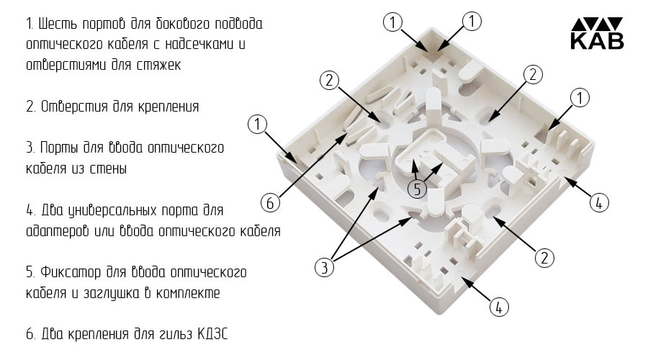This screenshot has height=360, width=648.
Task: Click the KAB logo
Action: [x=597, y=33]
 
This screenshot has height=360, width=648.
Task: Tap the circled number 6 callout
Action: [x=270, y=202]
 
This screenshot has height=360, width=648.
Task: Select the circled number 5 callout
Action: [x=417, y=189]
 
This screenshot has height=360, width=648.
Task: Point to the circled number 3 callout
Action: [x=324, y=267]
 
